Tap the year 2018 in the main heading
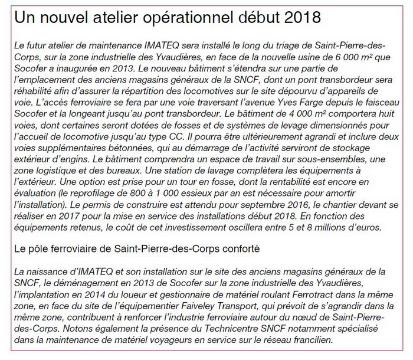[302, 18]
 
